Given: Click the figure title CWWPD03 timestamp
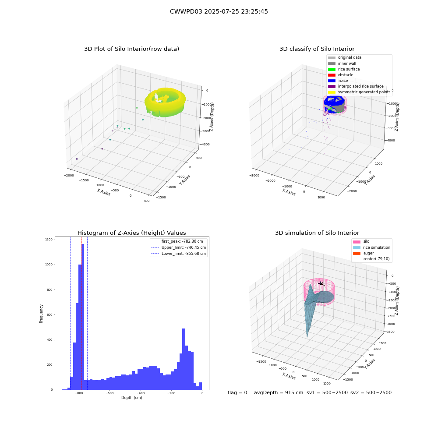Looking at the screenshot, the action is coord(219,11).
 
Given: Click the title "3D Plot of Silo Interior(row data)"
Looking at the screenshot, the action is coord(131,49).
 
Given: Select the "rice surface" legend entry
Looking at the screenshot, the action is coord(343,69).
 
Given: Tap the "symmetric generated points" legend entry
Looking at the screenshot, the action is coord(359,92).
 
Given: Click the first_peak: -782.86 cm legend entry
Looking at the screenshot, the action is coord(177,241).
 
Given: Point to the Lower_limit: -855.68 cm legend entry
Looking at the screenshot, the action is coord(179,254).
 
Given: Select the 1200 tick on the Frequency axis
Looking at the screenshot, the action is coord(49,240).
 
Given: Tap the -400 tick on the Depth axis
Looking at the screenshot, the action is coord(141,393).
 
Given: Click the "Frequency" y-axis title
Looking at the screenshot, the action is coord(41,314).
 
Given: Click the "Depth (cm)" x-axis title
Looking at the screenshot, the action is coord(132,398).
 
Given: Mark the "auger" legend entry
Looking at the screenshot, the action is coord(364,253).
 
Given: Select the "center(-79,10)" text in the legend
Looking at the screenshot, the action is coord(376,259).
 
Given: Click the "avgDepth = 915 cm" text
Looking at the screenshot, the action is coord(279,392).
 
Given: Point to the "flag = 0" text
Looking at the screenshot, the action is coord(237,392).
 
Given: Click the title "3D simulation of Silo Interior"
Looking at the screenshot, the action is coord(317,233).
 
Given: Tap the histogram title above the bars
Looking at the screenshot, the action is coord(131,233).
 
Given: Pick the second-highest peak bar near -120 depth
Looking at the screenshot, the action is coord(184,359).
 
